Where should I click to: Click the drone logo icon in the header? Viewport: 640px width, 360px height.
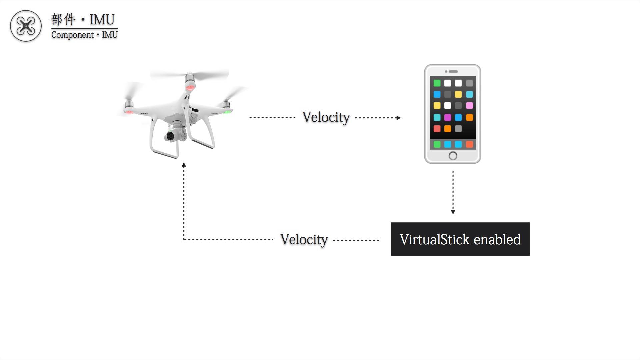click(x=26, y=26)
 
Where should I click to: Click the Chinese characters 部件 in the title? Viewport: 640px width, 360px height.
click(x=63, y=20)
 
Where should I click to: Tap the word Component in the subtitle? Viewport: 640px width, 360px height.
click(x=72, y=35)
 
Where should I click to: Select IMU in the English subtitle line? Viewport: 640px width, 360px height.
click(x=110, y=35)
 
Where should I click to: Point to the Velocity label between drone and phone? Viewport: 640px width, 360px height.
click(x=326, y=117)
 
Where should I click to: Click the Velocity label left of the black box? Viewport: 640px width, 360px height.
click(x=304, y=240)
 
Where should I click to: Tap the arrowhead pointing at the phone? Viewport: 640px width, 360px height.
click(x=398, y=118)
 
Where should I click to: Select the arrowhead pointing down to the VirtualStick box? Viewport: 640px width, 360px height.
click(x=453, y=212)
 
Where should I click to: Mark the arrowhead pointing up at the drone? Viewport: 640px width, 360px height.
click(x=184, y=165)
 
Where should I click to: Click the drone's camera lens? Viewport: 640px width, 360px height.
click(x=170, y=136)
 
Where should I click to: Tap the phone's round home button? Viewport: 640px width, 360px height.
click(x=453, y=156)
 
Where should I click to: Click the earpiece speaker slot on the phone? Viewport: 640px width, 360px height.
click(x=453, y=71)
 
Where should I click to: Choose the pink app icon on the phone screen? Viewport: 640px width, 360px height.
click(x=469, y=106)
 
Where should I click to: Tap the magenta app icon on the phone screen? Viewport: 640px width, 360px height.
click(x=447, y=117)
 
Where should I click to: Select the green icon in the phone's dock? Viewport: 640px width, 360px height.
click(x=437, y=144)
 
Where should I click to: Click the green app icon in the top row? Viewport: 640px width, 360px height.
click(x=437, y=83)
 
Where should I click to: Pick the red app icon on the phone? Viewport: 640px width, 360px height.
click(x=437, y=129)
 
